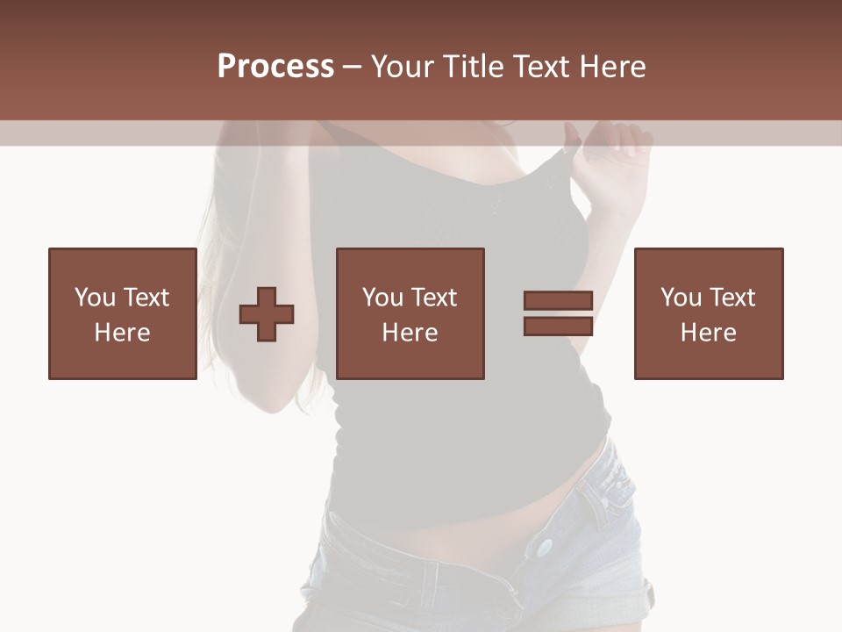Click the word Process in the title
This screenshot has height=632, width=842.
click(x=275, y=67)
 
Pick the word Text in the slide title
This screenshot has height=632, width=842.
click(x=542, y=67)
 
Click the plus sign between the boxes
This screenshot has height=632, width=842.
click(x=267, y=313)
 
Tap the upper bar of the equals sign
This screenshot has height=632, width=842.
click(x=558, y=300)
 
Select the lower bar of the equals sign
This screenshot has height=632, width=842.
click(x=558, y=326)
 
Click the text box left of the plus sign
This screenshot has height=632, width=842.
click(x=122, y=313)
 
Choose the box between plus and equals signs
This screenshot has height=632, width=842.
click(x=410, y=313)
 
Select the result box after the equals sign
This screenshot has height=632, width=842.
click(x=708, y=313)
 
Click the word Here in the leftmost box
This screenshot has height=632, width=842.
click(x=122, y=333)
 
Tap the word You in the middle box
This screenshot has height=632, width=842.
click(x=382, y=298)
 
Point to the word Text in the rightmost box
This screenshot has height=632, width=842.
click(x=731, y=298)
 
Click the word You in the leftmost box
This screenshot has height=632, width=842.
click(x=95, y=298)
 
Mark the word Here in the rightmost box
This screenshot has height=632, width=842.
click(x=708, y=333)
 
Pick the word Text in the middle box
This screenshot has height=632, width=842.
click(x=433, y=298)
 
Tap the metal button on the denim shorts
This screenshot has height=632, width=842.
click(x=545, y=548)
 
